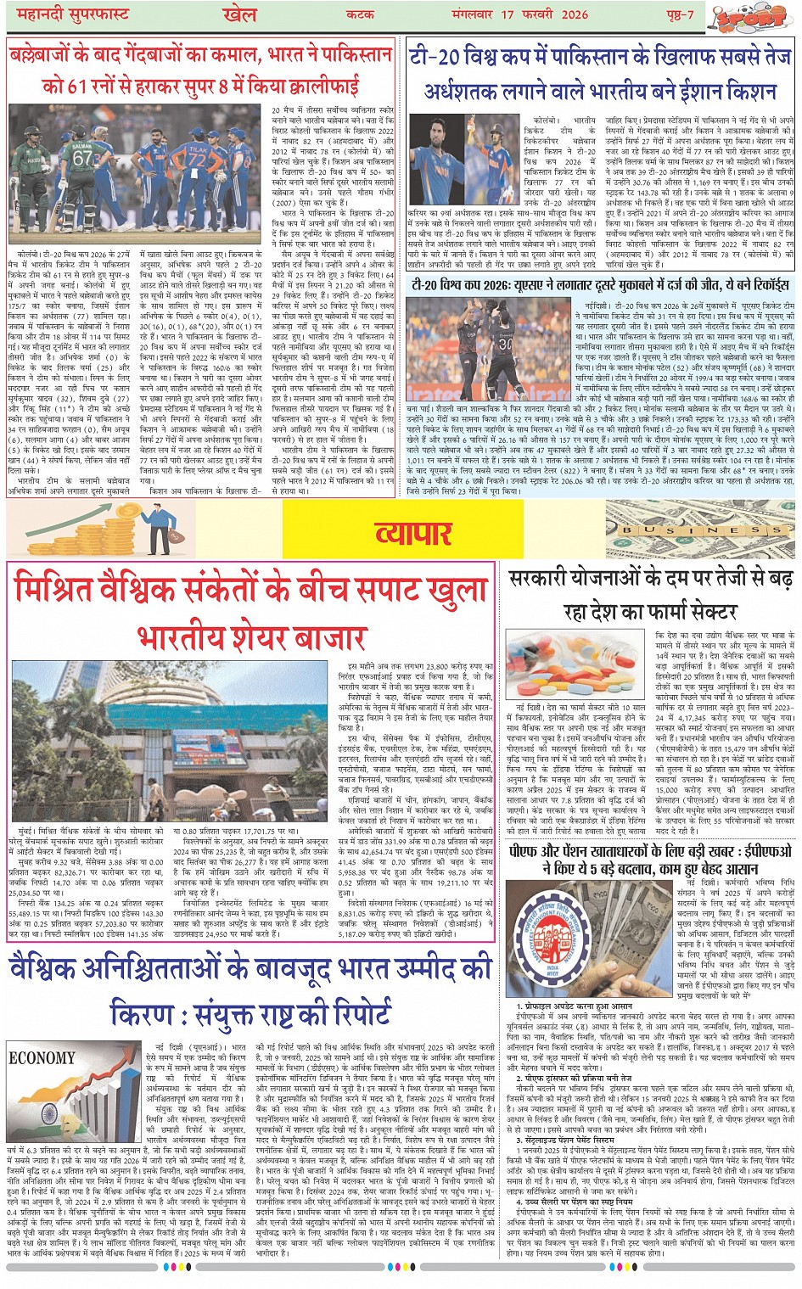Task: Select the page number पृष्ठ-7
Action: pos(679,15)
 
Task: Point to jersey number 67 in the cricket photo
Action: pos(82,159)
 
